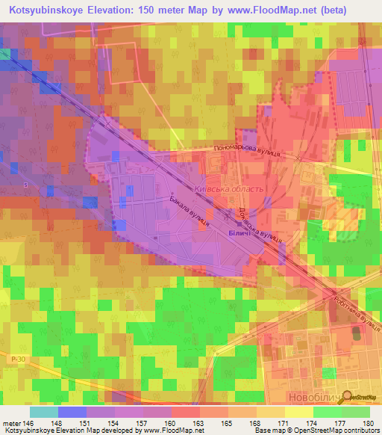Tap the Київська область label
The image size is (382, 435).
click(x=228, y=190)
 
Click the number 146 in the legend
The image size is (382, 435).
click(x=29, y=422)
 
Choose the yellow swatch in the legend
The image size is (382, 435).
click(x=298, y=412)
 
